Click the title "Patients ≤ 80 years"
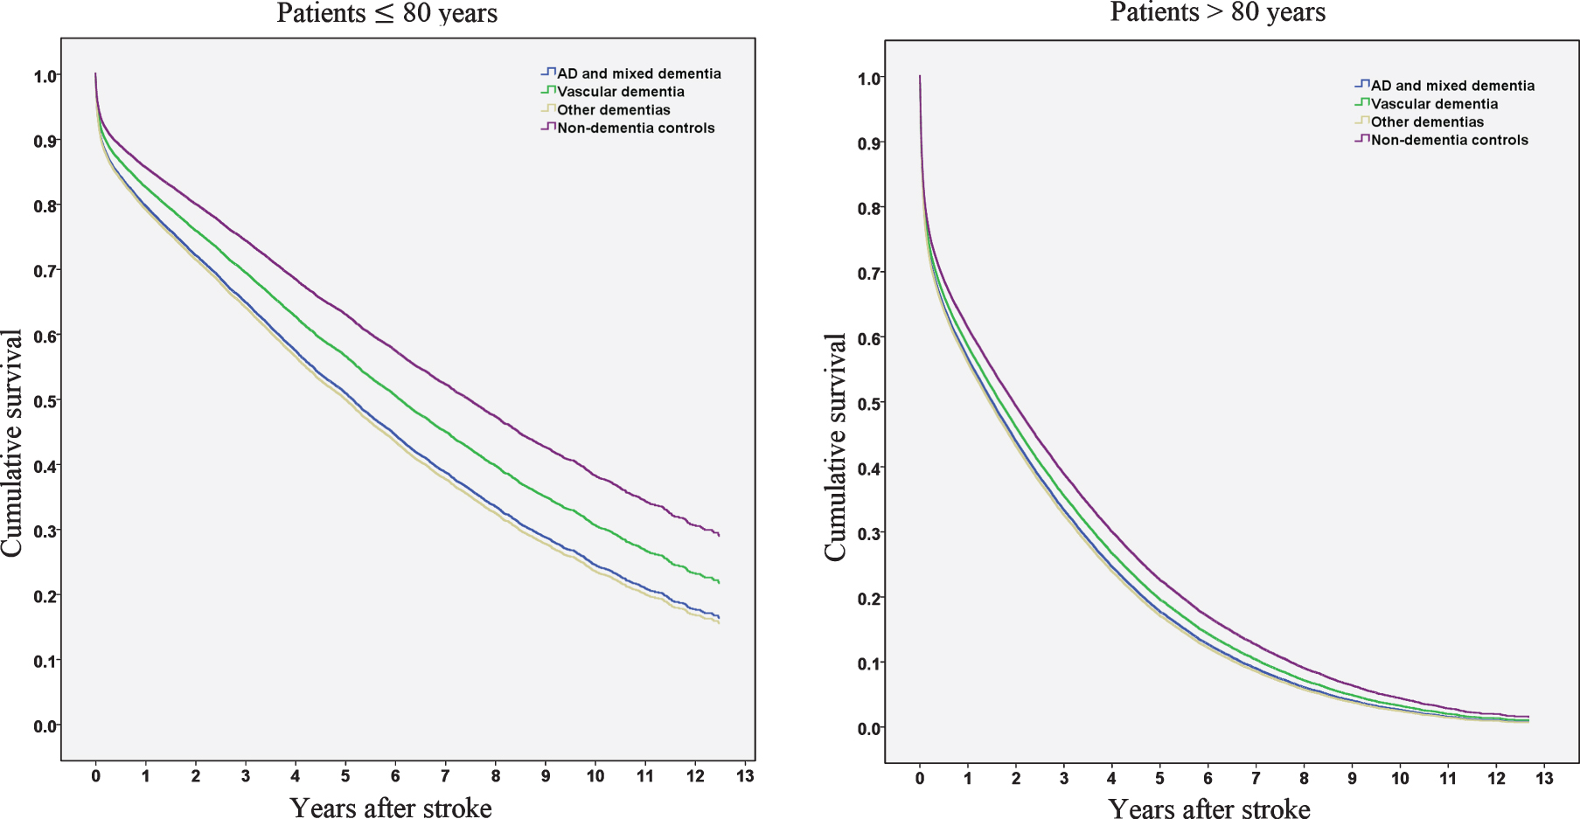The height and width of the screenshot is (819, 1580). [387, 14]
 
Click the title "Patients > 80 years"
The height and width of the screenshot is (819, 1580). [1218, 12]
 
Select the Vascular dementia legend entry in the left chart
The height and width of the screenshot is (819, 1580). [613, 92]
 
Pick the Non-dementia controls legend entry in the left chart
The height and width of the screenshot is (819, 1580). [628, 128]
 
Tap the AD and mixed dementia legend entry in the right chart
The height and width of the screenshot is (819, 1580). [1444, 86]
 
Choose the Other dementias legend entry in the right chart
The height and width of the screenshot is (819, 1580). [1419, 121]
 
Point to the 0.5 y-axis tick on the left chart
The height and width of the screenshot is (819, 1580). [45, 401]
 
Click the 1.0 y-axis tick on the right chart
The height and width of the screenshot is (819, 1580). [870, 79]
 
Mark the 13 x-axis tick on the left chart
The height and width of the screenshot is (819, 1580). [745, 776]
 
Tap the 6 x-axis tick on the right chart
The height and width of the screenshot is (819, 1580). [1208, 779]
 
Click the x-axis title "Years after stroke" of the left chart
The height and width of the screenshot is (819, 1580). [391, 808]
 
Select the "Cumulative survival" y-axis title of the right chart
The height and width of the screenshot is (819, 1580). [836, 447]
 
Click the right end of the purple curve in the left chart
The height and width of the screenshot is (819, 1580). [719, 535]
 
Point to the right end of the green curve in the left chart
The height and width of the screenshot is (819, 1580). [719, 582]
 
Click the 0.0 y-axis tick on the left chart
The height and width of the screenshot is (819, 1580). [45, 725]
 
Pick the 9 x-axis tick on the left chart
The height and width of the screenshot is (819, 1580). [546, 776]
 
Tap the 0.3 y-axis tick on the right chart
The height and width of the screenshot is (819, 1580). [870, 533]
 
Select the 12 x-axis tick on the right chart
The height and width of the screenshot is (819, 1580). [1496, 779]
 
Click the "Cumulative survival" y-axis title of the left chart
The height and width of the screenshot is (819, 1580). [11, 442]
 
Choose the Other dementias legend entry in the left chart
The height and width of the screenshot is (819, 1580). [606, 110]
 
